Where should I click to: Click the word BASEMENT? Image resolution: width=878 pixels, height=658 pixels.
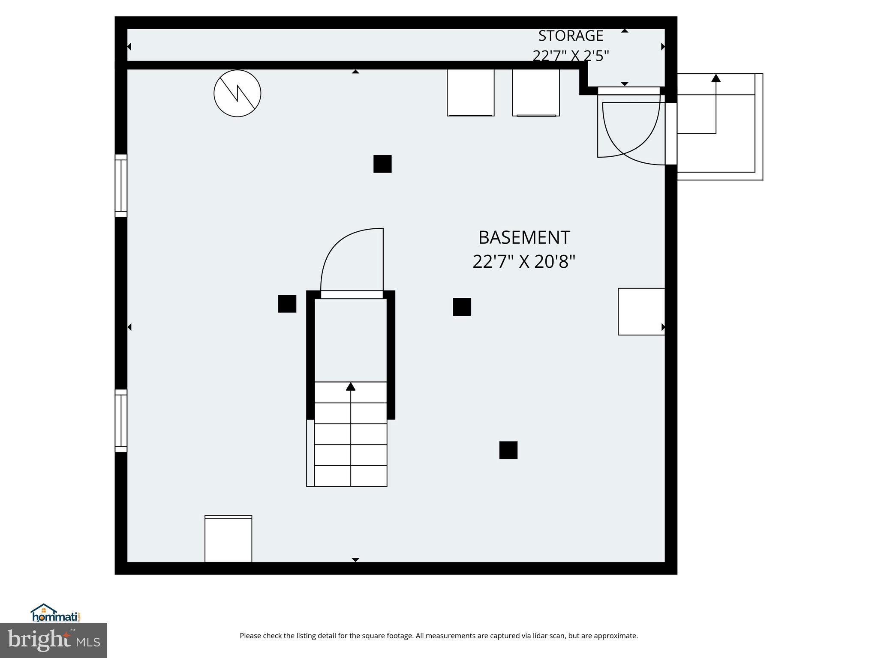point(524,237)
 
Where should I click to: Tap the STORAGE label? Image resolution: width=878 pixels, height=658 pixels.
point(571,36)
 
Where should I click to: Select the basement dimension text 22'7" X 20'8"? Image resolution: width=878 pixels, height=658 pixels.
point(524,261)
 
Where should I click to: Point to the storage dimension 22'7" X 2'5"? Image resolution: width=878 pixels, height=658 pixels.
point(571,56)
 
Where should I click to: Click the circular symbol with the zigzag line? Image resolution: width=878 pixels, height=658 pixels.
point(238,93)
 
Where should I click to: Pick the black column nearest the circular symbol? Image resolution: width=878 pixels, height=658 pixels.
point(382,164)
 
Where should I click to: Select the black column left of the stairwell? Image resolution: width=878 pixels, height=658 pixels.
point(287,304)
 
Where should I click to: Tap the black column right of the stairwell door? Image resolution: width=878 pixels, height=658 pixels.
point(462,307)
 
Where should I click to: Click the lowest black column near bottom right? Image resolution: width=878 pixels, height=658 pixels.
point(508,450)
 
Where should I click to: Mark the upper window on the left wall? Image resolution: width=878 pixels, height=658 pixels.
point(121,185)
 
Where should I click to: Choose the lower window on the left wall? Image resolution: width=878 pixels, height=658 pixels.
point(121,421)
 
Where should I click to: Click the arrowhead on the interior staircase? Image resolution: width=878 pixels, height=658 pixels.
point(351,386)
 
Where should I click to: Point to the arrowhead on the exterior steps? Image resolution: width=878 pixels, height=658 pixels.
point(716,78)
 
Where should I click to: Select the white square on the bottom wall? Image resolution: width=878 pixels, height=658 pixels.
point(228,539)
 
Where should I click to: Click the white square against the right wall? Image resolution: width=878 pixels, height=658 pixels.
point(641,311)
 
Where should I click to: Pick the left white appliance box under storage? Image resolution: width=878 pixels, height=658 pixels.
point(471,93)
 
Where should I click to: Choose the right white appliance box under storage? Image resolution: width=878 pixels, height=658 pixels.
point(536,93)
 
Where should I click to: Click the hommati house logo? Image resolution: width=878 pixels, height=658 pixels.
point(43,609)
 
